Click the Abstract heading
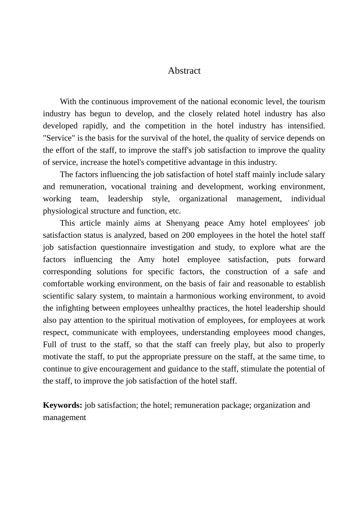(184, 71)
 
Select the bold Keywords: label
(63, 405)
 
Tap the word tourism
(312, 101)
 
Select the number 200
(188, 235)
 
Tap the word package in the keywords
(236, 405)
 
